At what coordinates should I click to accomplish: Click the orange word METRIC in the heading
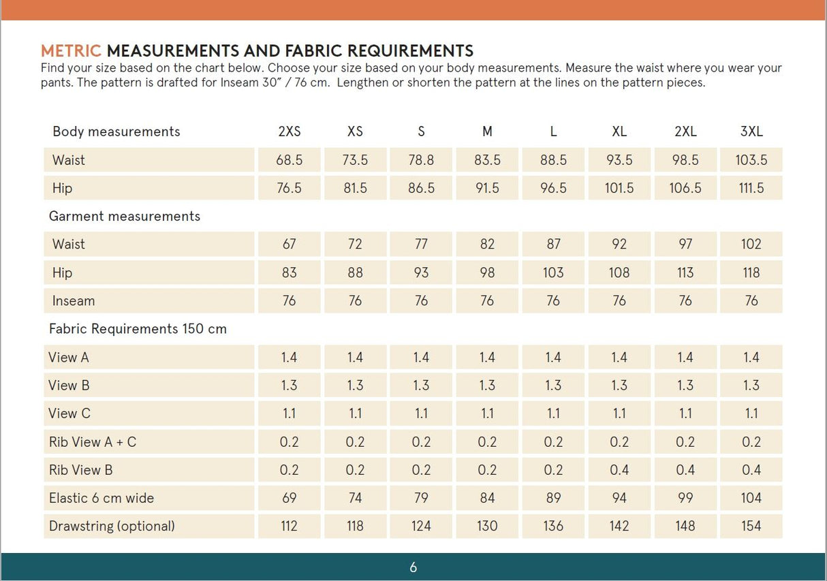(71, 51)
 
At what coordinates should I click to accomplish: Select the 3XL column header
(751, 131)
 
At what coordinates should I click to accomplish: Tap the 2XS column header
(289, 131)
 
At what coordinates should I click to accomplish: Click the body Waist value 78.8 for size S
(421, 160)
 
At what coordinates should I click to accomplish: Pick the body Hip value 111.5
(751, 188)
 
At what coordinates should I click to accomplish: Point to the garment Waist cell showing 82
(487, 244)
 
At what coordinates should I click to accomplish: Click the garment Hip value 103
(553, 272)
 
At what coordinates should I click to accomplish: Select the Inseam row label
(73, 300)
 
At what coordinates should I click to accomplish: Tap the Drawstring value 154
(751, 526)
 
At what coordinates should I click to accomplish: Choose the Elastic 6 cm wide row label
(102, 498)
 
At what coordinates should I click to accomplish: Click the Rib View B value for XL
(619, 470)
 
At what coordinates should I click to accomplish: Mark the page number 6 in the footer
(413, 567)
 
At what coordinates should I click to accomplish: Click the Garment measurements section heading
(125, 216)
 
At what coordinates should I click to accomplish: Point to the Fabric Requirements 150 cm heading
(138, 329)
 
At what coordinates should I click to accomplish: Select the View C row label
(69, 413)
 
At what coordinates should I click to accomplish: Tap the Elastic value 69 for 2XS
(289, 498)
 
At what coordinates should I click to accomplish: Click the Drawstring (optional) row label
(112, 526)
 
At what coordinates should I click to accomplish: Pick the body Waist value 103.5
(751, 160)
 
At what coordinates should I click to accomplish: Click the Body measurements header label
(116, 131)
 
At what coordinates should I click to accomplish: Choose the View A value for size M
(487, 357)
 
